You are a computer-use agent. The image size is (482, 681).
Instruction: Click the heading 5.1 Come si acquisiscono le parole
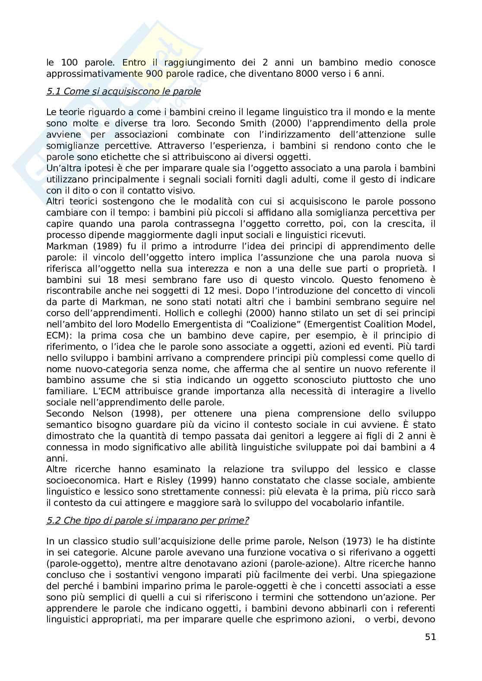[124, 91]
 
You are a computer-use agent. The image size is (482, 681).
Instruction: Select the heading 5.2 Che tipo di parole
[147, 520]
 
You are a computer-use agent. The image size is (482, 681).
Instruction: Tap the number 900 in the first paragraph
[155, 74]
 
